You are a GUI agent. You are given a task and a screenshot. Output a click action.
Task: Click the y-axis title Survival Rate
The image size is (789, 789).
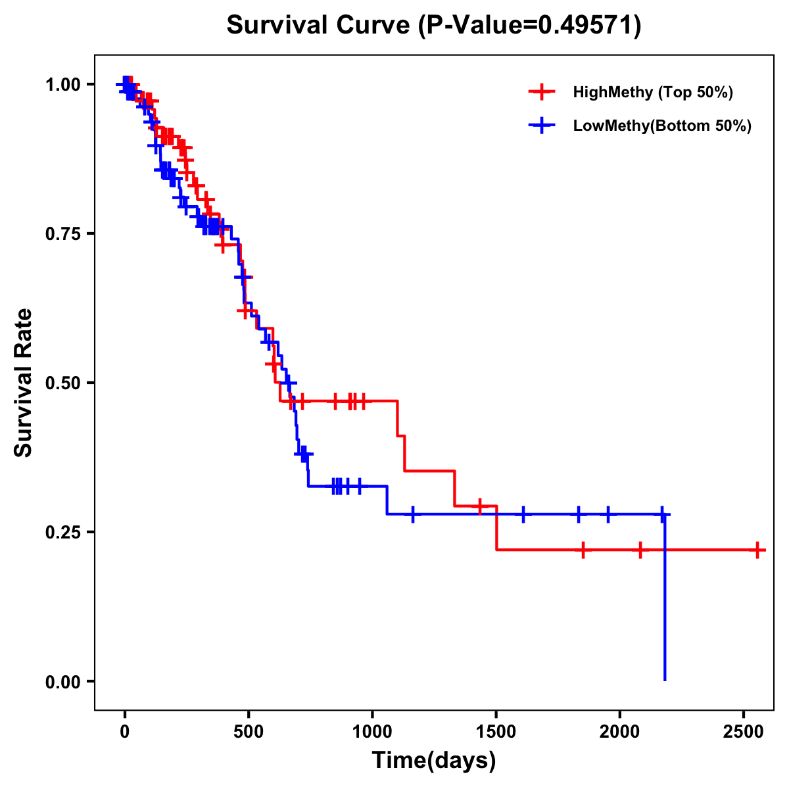point(24,382)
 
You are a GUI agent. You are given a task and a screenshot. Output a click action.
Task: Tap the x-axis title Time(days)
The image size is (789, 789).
point(434,760)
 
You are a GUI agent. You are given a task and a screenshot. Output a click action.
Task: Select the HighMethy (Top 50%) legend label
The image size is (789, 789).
point(653,92)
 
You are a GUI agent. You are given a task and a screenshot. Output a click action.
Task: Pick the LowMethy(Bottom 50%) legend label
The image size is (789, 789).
point(662,126)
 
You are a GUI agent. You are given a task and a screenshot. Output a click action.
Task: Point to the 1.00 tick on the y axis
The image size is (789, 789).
point(62,84)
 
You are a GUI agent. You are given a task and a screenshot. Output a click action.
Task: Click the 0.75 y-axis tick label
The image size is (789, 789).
point(62,233)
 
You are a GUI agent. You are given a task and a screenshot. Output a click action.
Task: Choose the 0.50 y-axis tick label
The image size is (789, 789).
point(62,383)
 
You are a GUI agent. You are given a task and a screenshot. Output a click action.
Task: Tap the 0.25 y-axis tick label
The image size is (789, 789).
point(62,532)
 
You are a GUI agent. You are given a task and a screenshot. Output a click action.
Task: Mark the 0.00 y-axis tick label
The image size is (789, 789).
point(62,681)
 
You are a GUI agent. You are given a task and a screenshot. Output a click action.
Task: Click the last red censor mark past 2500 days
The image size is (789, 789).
point(757,550)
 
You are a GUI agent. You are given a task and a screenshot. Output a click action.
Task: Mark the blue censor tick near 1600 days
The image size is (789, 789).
point(523,514)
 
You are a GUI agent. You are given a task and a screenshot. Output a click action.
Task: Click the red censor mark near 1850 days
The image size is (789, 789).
point(583,550)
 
